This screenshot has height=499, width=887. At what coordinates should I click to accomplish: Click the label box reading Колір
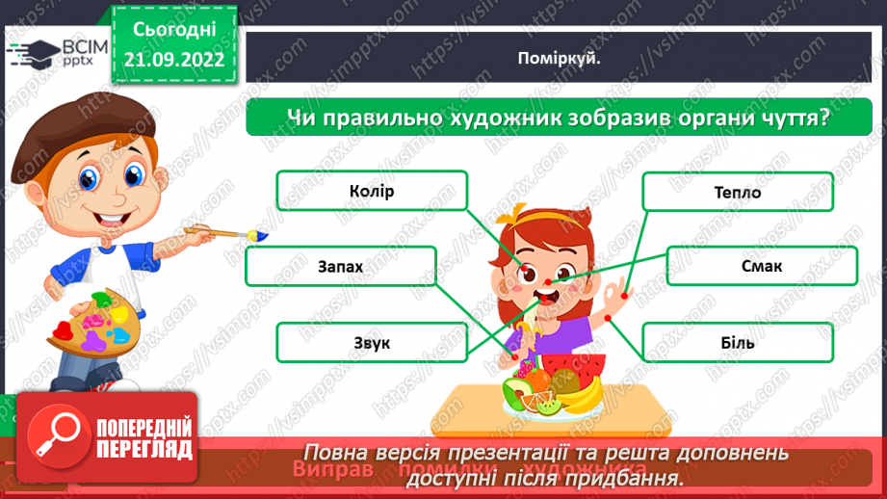click(x=372, y=191)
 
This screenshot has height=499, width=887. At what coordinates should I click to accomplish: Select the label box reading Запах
click(x=340, y=266)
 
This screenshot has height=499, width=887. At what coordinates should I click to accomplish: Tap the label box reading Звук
click(x=372, y=342)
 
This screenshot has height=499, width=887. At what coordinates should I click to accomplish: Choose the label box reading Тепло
click(x=738, y=192)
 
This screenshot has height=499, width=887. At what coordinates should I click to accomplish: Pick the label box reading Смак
click(x=762, y=266)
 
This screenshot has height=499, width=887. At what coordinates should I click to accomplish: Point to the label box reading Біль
click(x=737, y=342)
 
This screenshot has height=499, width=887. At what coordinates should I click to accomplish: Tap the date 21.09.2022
click(x=174, y=60)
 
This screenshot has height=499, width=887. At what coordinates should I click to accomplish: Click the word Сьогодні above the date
click(x=174, y=31)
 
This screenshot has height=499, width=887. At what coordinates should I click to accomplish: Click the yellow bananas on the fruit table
click(x=584, y=393)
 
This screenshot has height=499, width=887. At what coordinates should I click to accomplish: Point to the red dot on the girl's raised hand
click(x=624, y=295)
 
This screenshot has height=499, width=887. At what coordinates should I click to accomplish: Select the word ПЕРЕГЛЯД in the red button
click(x=144, y=449)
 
